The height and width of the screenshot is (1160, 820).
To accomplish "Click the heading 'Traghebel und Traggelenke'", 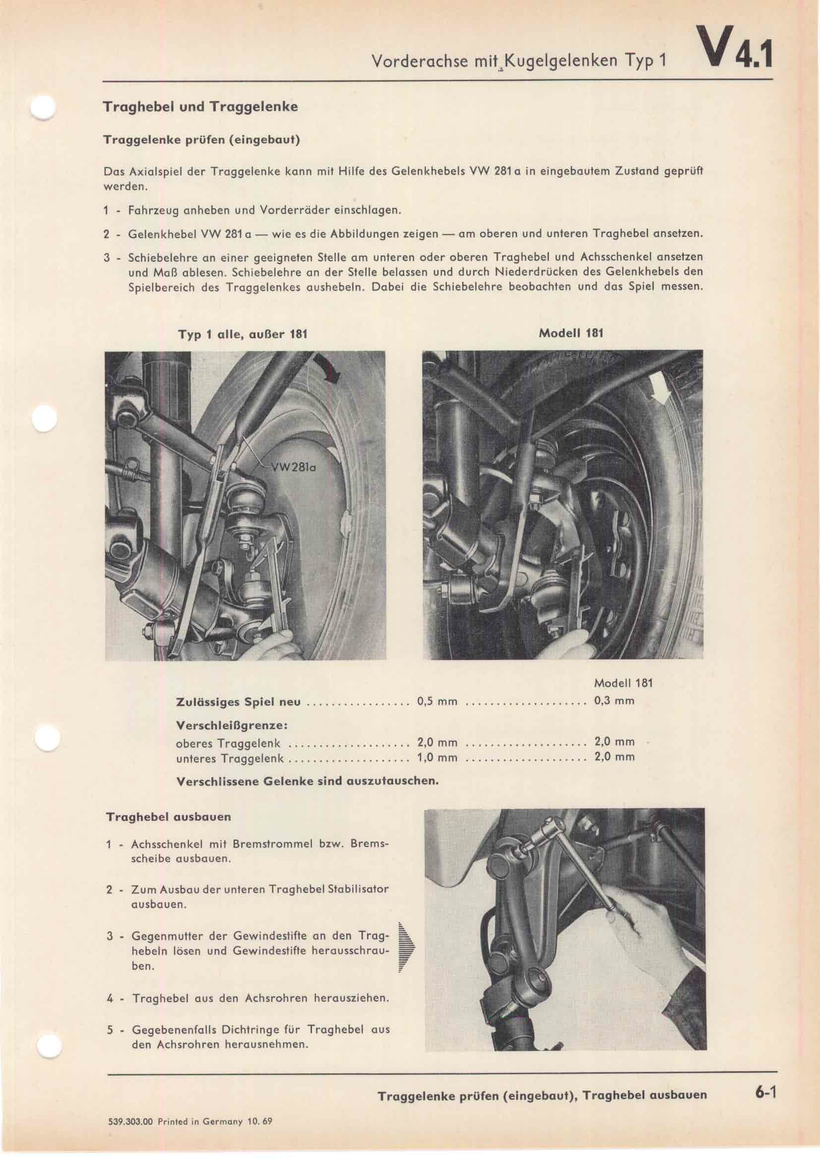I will tap(200, 107).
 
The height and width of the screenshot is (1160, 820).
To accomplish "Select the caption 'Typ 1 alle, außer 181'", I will tap(242, 334).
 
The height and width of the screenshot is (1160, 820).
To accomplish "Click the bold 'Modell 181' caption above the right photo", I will tap(571, 333).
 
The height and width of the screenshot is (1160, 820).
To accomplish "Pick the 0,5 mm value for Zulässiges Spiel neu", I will tap(437, 701).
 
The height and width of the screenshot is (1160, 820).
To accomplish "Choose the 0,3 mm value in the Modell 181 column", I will tap(614, 701).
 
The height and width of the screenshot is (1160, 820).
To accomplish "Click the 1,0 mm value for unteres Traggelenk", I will tap(437, 757).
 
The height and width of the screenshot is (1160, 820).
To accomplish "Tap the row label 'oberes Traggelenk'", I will tap(228, 744).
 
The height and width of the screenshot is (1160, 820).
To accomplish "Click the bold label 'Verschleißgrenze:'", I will tap(232, 725).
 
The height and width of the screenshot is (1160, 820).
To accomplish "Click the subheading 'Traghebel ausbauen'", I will tap(169, 817).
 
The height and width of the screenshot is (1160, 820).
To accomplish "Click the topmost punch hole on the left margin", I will tap(45, 108).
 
